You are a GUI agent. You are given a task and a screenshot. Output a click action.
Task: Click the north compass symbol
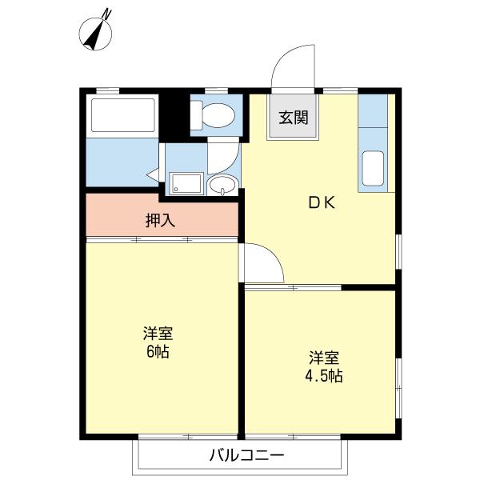[95, 34]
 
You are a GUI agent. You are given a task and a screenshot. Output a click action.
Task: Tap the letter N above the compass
[106, 14]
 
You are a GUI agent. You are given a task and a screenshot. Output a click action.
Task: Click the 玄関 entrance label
[294, 118]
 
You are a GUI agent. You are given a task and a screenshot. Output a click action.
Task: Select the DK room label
[322, 202]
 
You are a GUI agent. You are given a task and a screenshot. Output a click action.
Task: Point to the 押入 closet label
[160, 220]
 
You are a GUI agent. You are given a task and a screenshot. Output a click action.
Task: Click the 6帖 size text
[158, 352]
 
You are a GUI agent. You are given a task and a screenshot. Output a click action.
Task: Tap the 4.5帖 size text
[324, 376]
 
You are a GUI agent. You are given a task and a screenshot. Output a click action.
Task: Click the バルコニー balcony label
[246, 455]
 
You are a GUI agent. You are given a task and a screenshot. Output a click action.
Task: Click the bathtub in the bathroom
[122, 115]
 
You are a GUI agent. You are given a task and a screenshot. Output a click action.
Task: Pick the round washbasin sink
[222, 185]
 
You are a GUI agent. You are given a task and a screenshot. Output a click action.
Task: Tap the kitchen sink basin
[373, 168]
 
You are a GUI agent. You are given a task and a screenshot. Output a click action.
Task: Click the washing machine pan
[186, 183]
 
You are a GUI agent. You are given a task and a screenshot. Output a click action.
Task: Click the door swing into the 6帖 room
[270, 254]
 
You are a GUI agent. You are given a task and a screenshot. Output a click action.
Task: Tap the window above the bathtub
[108, 90]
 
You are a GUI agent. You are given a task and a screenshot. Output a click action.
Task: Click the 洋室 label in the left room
[158, 334]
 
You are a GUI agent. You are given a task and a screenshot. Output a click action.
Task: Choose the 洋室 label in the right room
[324, 358]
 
